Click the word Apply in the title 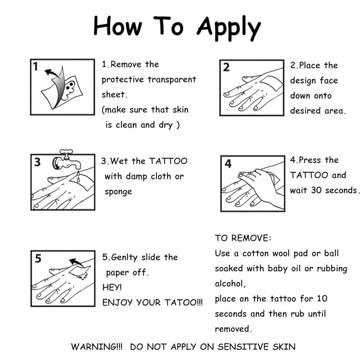point(229,28)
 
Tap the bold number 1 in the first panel point(36,67)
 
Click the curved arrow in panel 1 point(52,73)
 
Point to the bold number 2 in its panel point(226,67)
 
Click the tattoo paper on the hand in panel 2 point(271,83)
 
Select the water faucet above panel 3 point(66,160)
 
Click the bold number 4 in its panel point(228,163)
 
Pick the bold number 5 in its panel point(38,258)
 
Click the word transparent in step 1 point(172,80)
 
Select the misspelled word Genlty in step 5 point(124,257)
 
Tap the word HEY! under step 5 point(112,287)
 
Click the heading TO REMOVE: point(243,238)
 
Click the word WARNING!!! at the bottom point(96,347)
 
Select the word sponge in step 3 point(118,192)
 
